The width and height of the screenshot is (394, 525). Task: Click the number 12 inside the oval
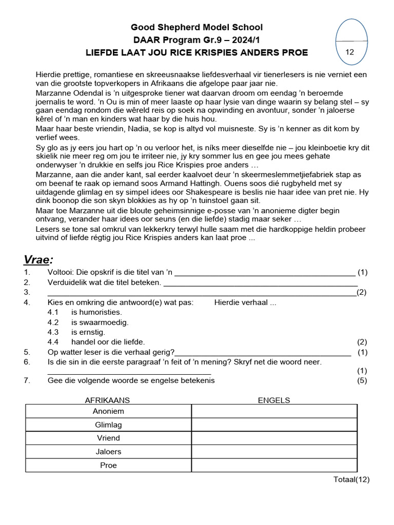coord(350,52)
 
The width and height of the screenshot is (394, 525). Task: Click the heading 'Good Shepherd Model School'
coord(196,27)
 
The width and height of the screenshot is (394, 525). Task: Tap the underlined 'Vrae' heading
coord(39,258)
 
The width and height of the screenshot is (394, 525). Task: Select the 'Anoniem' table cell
coord(108,411)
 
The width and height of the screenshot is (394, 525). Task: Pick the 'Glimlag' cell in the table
coord(108,425)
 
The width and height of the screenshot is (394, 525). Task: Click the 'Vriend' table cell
coord(108,438)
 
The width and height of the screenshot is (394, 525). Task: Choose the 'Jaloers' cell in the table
coord(108,452)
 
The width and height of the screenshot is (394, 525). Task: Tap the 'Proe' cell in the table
coord(108,465)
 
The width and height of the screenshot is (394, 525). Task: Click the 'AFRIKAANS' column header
coord(107,400)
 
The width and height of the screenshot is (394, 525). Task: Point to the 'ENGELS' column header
coord(273,400)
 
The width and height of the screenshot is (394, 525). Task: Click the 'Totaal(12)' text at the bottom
coord(351,480)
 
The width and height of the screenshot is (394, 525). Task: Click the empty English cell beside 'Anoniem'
coord(274,411)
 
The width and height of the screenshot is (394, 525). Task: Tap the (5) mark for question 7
coord(362,380)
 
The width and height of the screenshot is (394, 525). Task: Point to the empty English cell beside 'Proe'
coord(274,465)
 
